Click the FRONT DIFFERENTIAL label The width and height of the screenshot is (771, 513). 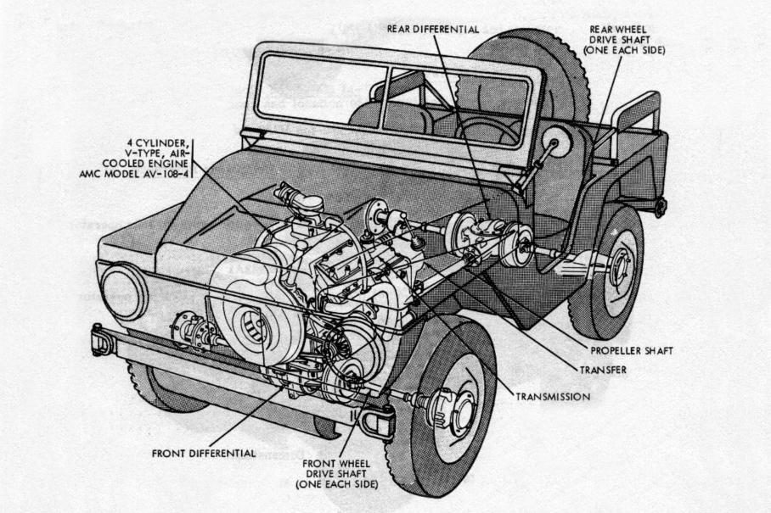(204, 452)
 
